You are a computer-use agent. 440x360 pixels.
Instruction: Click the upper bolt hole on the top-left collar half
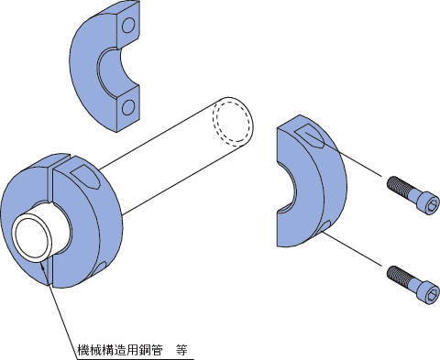tap(128, 26)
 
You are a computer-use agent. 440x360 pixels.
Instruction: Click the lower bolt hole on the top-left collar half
tap(128, 107)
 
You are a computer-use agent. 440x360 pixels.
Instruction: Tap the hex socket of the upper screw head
tap(432, 206)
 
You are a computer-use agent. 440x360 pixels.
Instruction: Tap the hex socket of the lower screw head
tap(432, 295)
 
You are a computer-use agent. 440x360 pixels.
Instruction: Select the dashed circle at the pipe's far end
tap(231, 123)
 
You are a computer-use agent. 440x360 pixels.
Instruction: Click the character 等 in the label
tap(181, 350)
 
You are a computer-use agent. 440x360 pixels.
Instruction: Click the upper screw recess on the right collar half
tap(309, 136)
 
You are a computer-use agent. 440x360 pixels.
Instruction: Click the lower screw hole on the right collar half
tap(324, 226)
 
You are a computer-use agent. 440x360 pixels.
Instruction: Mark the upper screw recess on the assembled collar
tap(84, 178)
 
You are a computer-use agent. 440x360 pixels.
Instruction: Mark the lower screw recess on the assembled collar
tap(100, 267)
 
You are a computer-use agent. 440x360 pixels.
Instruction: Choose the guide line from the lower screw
tap(354, 249)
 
